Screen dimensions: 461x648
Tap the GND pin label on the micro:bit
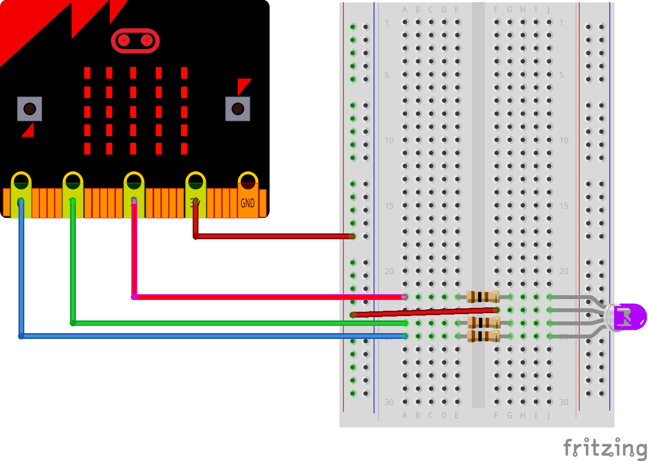pyautogui.click(x=248, y=203)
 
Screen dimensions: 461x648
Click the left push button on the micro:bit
pyautogui.click(x=30, y=108)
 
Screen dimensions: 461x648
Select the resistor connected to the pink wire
pyautogui.click(x=483, y=297)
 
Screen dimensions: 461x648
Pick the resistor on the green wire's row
pyautogui.click(x=484, y=322)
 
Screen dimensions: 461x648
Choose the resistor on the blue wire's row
pyautogui.click(x=483, y=336)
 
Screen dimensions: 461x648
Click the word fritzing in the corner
pyautogui.click(x=605, y=447)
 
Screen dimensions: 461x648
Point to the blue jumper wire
pyautogui.click(x=195, y=336)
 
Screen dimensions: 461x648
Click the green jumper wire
pyautogui.click(x=219, y=323)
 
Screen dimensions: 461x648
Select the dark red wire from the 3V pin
pyautogui.click(x=272, y=236)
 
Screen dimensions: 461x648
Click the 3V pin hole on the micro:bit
pyautogui.click(x=196, y=182)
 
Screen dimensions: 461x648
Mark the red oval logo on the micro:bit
pyautogui.click(x=135, y=40)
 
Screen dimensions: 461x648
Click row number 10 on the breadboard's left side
pyautogui.click(x=389, y=141)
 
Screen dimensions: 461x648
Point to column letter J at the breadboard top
pyautogui.click(x=549, y=10)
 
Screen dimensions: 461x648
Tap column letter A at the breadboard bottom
pyautogui.click(x=405, y=415)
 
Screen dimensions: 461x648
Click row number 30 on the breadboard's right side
pyautogui.click(x=563, y=402)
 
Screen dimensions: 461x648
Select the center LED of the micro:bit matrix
pyautogui.click(x=133, y=111)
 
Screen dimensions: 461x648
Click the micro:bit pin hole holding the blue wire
pyautogui.click(x=21, y=182)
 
